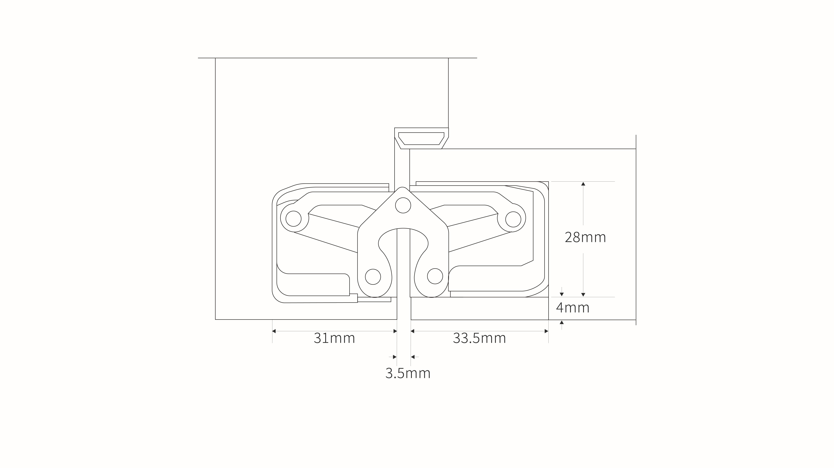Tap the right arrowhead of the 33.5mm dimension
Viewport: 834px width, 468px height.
[x=547, y=331]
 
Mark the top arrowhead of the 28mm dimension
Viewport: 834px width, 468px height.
[x=583, y=184]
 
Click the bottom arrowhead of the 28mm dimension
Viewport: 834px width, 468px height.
[x=583, y=295]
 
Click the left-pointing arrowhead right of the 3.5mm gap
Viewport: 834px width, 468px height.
[x=413, y=357]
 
